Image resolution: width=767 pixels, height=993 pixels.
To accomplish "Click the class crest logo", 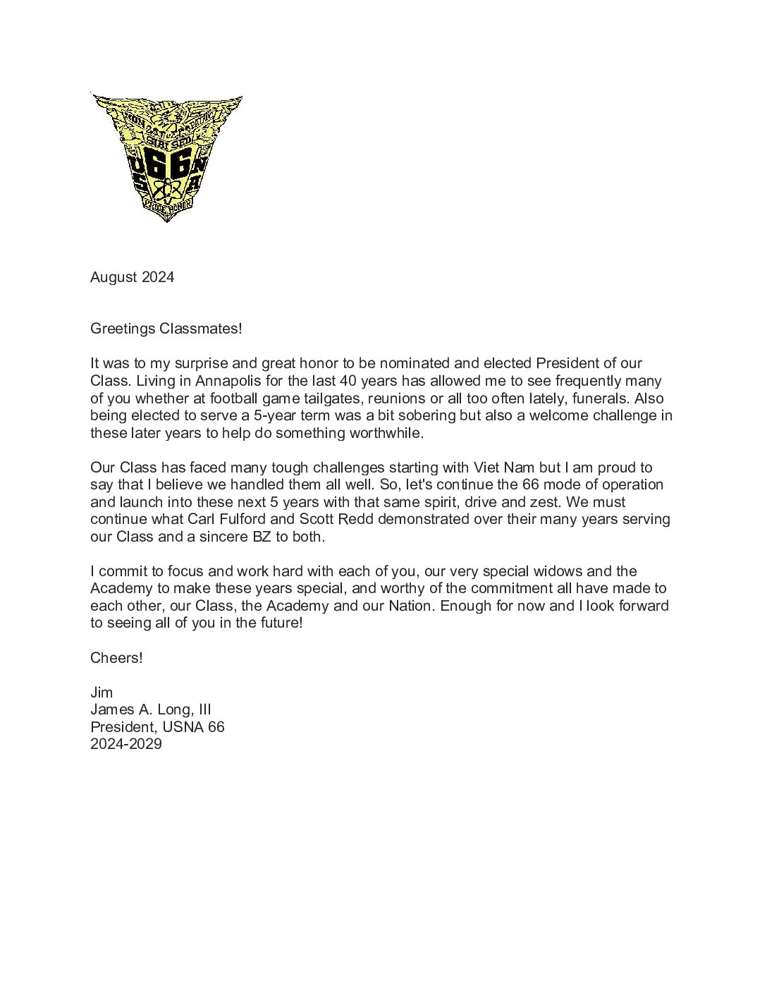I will pyautogui.click(x=167, y=157).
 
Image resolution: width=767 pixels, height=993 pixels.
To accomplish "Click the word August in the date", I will pyautogui.click(x=113, y=277).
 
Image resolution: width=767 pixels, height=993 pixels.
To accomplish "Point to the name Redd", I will pyautogui.click(x=357, y=519).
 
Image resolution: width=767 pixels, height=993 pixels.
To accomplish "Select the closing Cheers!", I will pyautogui.click(x=116, y=658).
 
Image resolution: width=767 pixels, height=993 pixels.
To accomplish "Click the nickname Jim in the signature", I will pyautogui.click(x=102, y=693).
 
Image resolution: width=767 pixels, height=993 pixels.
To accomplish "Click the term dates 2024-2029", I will pyautogui.click(x=126, y=744).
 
